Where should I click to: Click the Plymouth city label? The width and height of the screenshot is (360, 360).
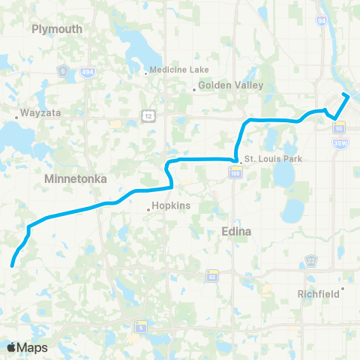pos(57,28)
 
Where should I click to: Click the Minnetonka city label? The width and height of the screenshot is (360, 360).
pos(76,179)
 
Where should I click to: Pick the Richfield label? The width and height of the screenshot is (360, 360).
pos(318,294)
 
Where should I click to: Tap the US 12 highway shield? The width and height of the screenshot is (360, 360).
pos(147,113)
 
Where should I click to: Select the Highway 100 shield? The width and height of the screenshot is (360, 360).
pos(235,173)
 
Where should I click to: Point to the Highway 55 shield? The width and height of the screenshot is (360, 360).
pos(340,126)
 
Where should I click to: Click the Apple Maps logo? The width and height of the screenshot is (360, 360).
pos(26,347)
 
